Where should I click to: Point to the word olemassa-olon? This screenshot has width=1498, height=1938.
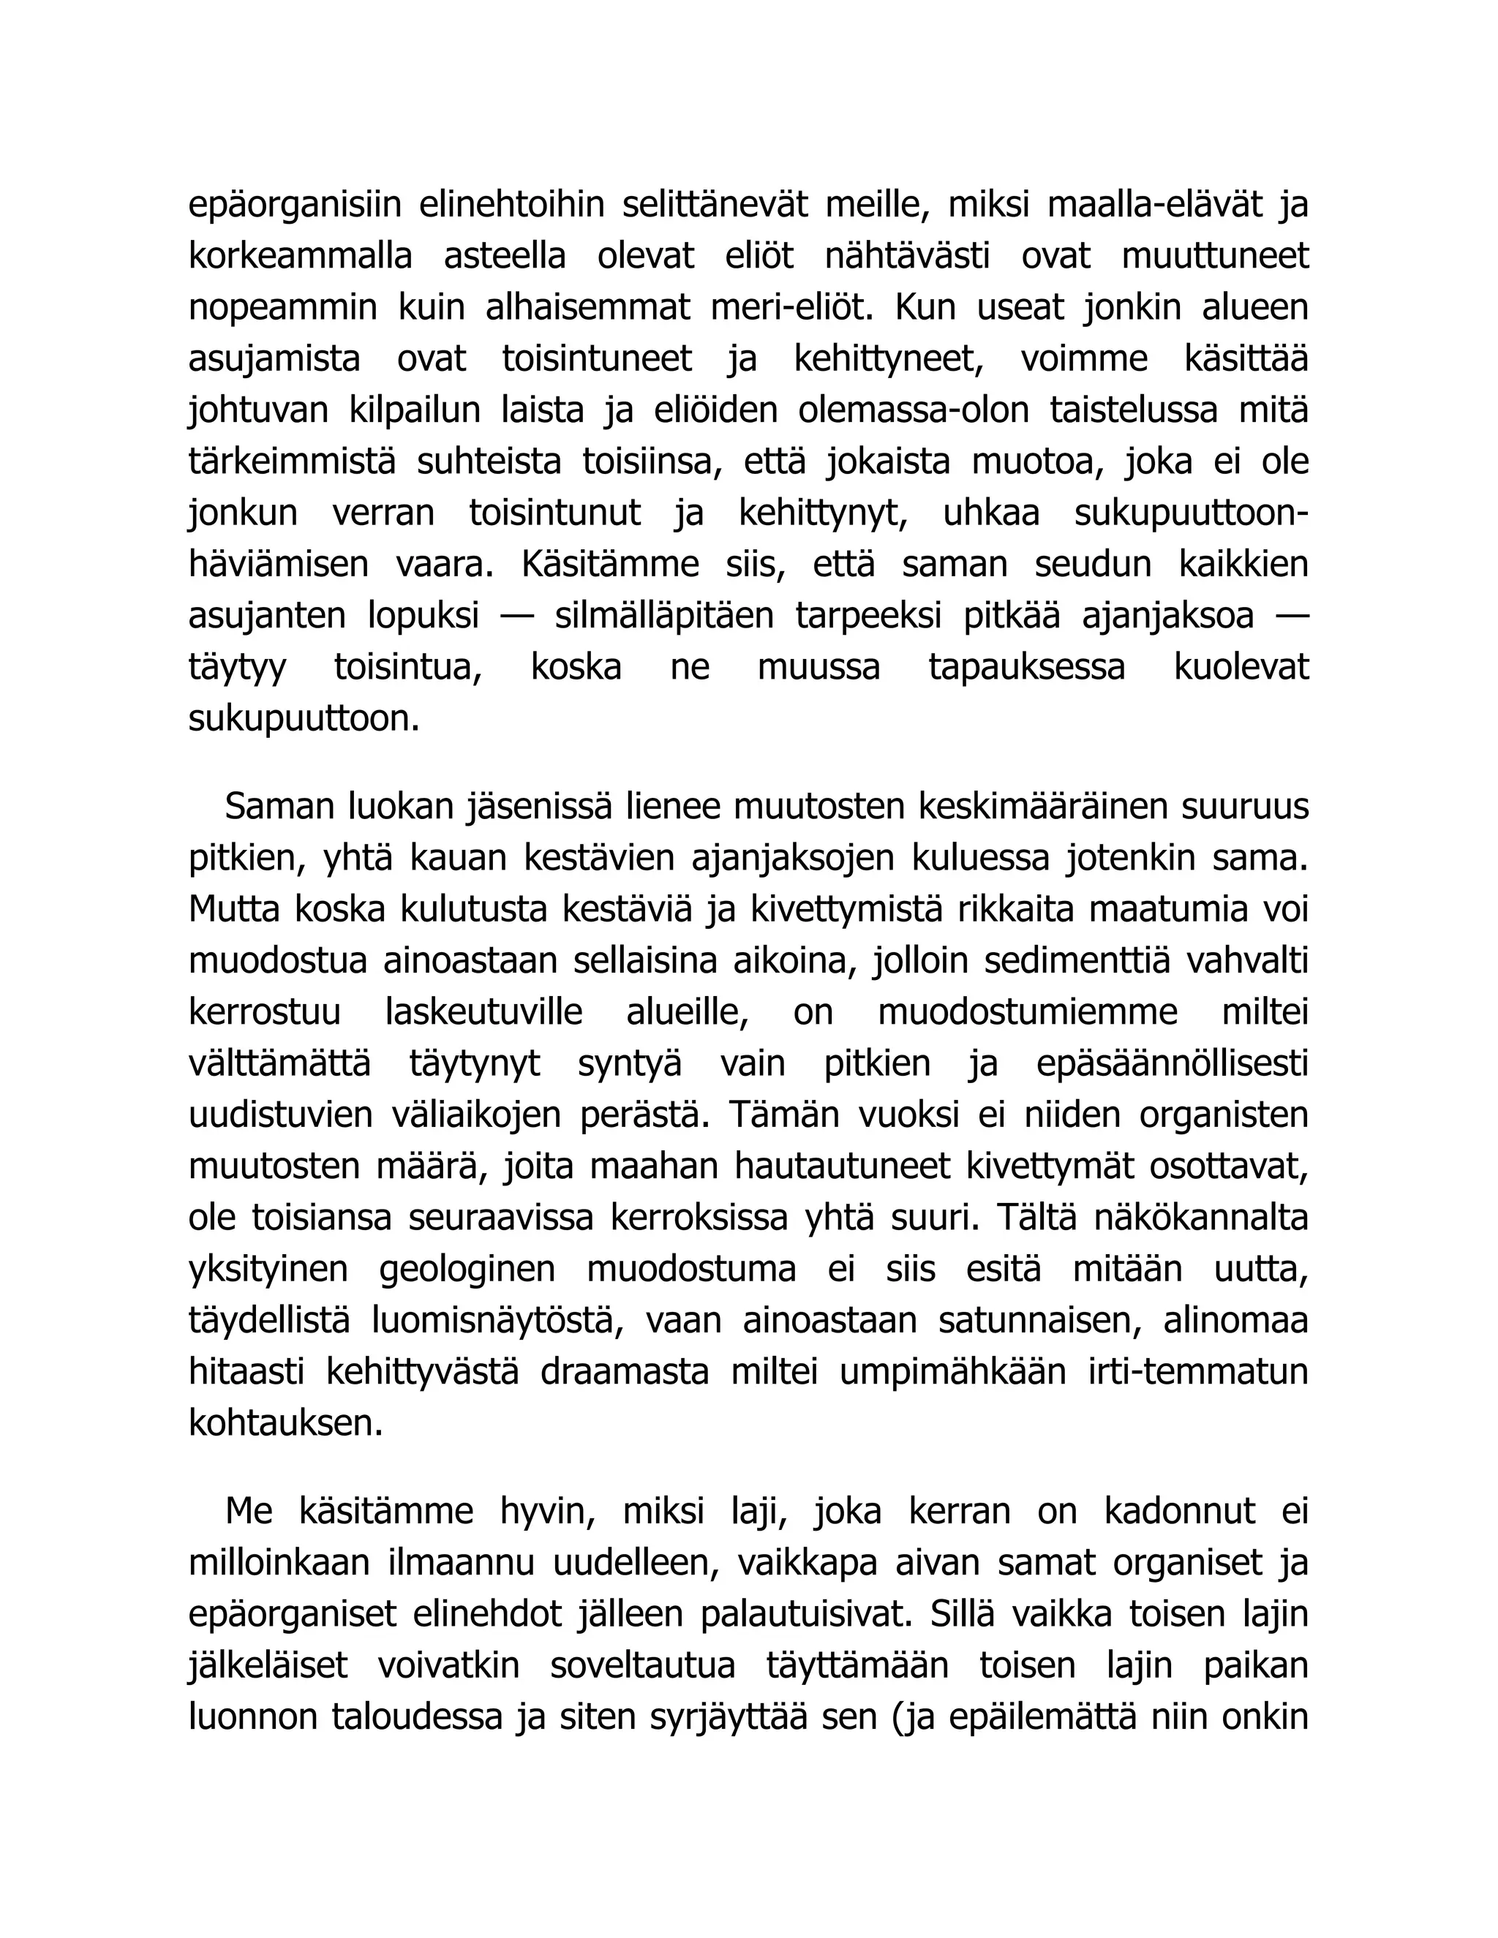point(913,411)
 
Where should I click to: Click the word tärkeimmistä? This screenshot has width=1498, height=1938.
point(291,462)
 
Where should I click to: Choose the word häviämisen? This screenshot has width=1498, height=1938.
point(278,565)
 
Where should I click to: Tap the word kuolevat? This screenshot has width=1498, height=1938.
point(1241,667)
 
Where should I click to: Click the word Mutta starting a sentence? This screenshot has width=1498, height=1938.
point(233,910)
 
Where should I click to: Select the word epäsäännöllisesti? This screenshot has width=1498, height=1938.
point(1172,1063)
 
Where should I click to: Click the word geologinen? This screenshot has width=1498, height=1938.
point(467,1269)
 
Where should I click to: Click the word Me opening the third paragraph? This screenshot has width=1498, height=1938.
point(249,1511)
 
